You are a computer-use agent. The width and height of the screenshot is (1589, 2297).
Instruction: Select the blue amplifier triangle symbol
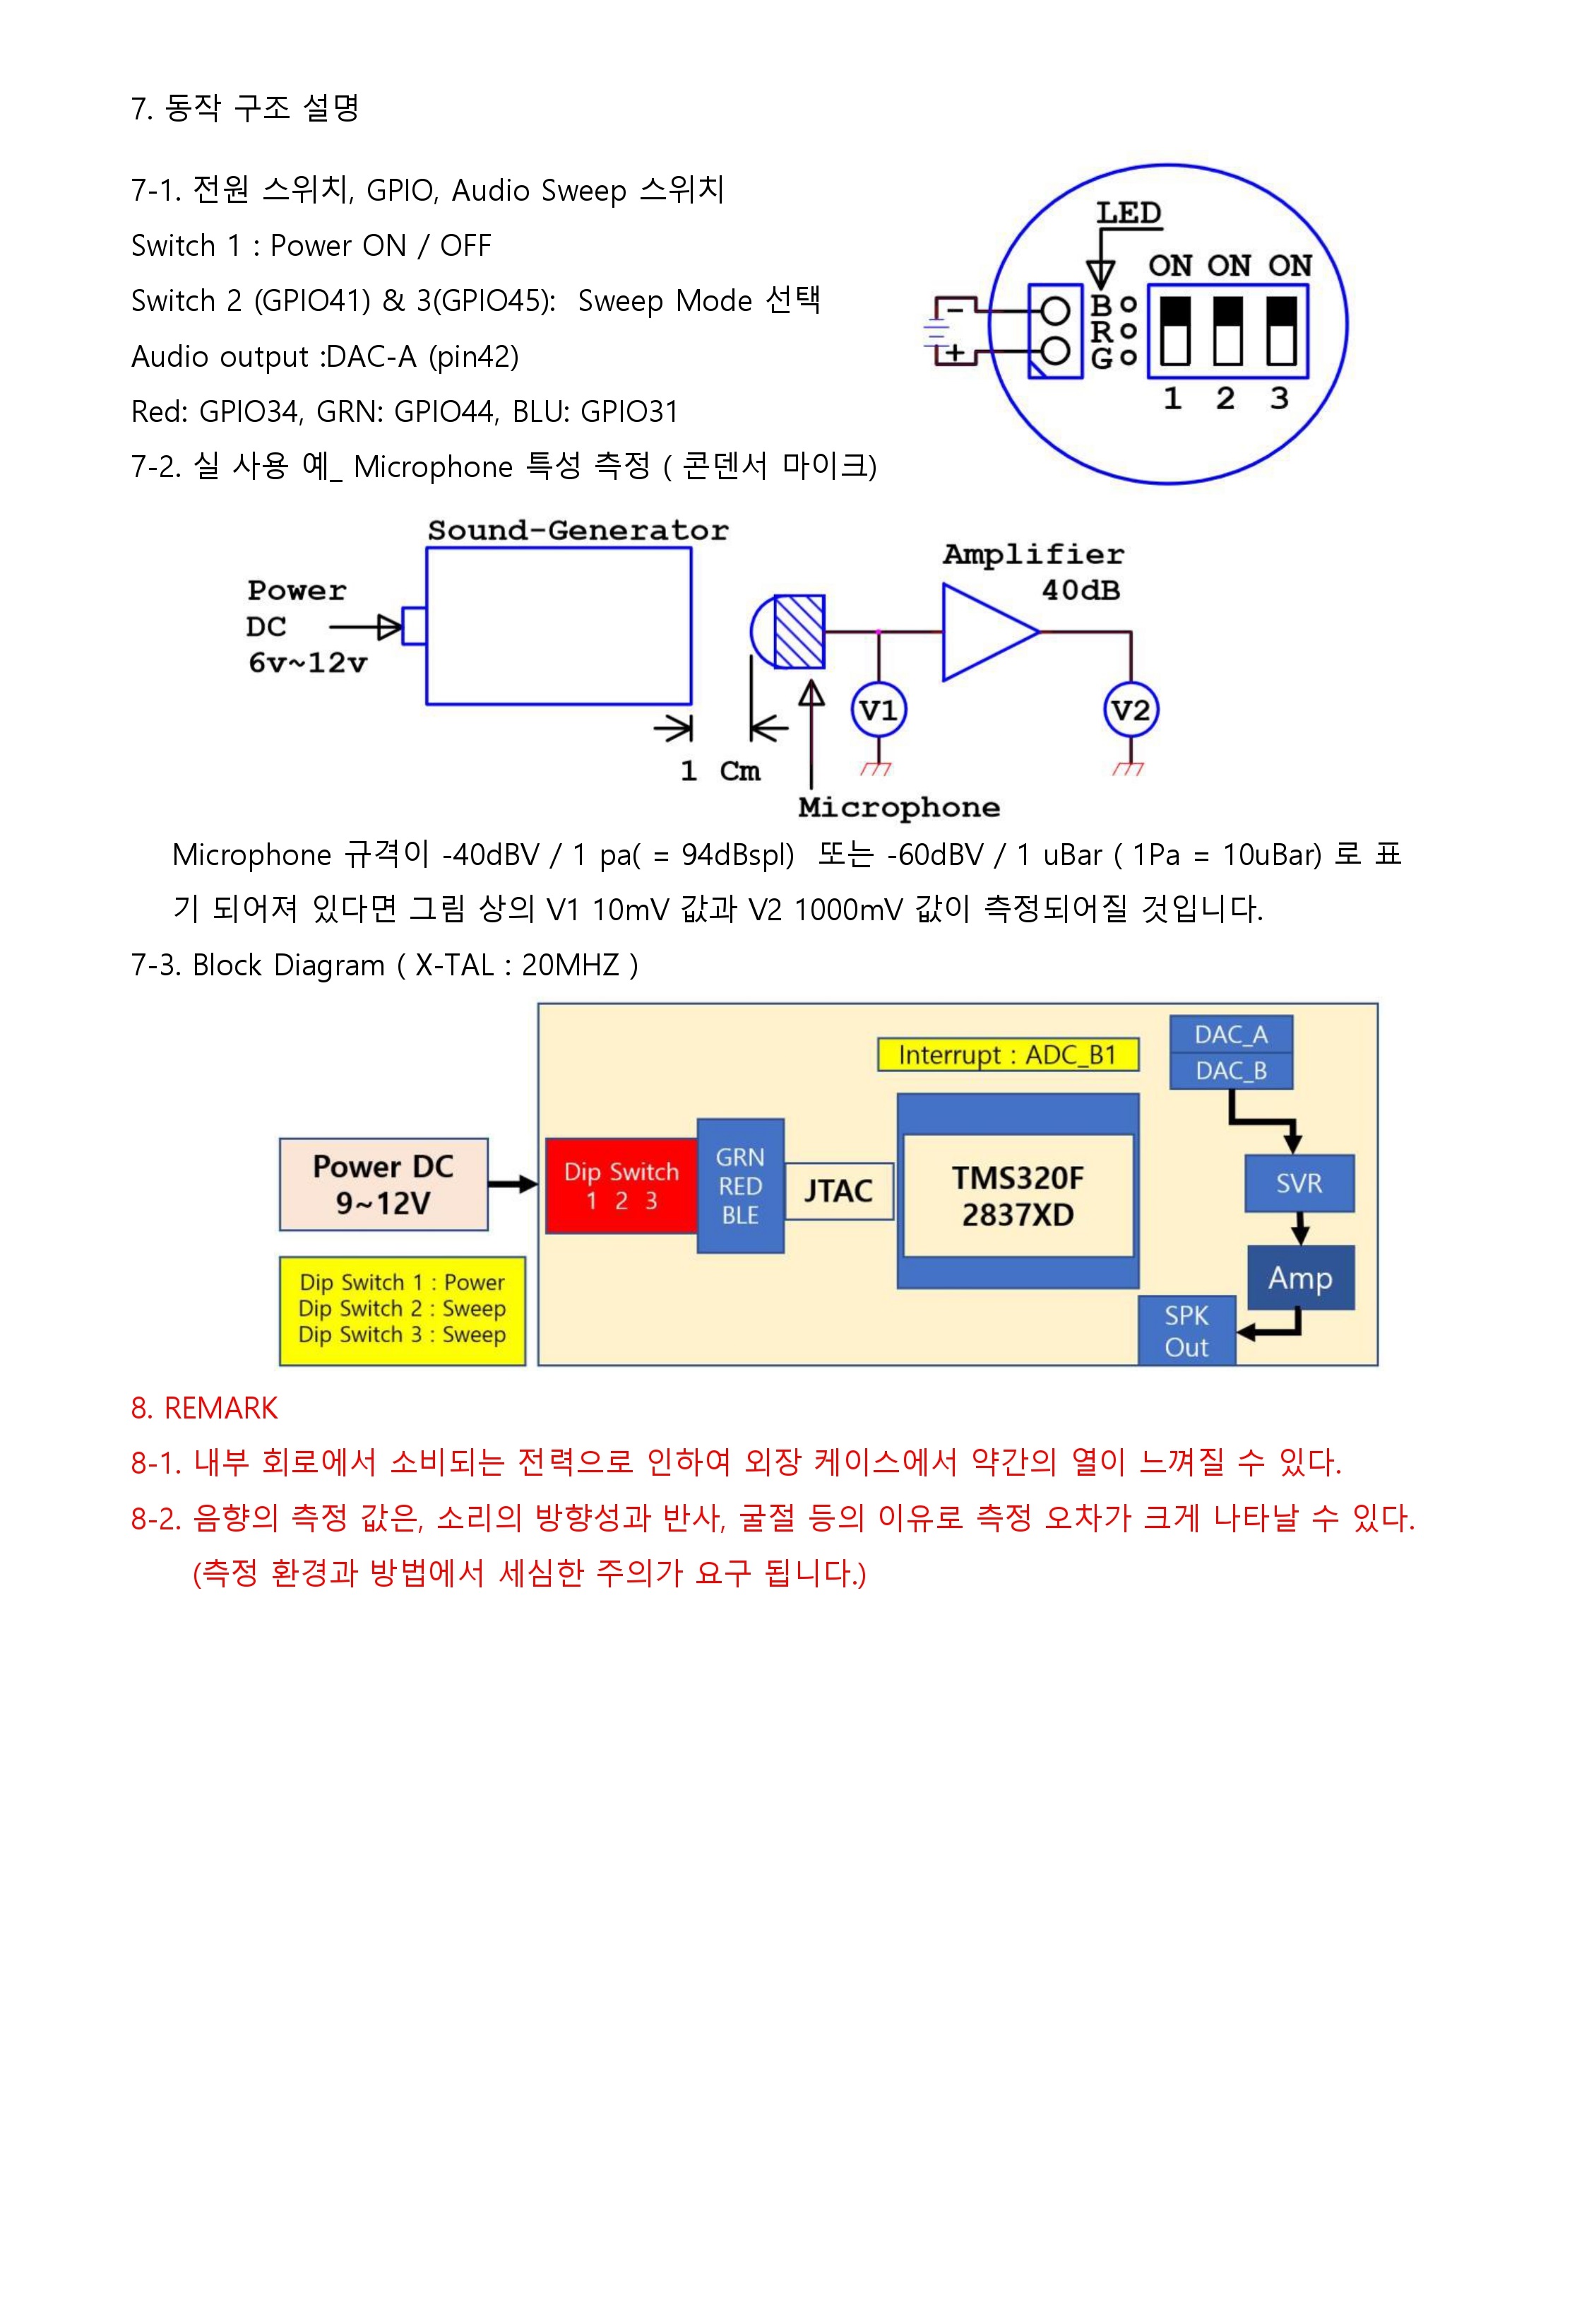(987, 632)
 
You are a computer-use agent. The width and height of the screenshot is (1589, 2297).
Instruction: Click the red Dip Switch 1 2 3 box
(621, 1185)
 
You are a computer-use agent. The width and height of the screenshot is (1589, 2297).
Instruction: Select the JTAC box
(838, 1190)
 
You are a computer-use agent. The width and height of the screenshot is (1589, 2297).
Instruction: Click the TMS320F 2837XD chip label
(1016, 1195)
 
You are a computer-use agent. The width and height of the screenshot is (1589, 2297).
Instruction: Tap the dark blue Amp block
(1299, 1277)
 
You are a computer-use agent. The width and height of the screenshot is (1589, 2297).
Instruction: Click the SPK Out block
(1186, 1331)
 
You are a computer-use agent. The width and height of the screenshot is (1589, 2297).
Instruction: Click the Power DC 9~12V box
(383, 1185)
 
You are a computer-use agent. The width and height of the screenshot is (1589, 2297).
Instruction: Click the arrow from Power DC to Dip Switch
(513, 1185)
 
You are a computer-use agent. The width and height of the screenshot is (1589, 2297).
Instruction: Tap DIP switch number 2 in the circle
(1227, 331)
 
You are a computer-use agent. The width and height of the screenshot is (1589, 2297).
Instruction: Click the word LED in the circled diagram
(1128, 213)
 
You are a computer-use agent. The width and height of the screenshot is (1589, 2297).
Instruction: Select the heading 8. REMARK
(204, 1407)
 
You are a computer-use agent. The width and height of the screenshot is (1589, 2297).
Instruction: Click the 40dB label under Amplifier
(1081, 591)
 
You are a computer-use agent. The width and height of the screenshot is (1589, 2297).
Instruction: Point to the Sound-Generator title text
(578, 530)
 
